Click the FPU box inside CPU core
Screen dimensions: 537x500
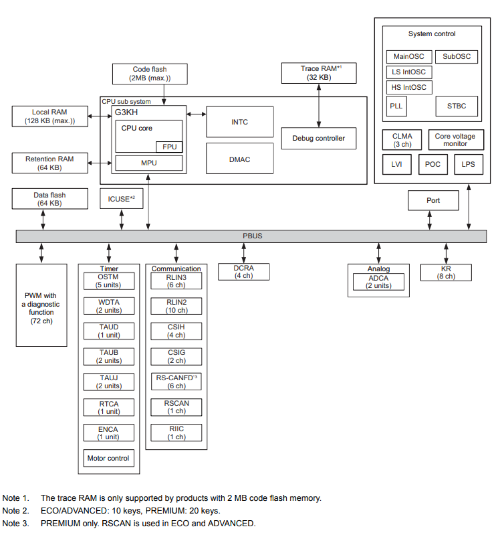coord(169,147)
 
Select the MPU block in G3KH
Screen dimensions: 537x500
coord(149,163)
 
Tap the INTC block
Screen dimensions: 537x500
coord(239,122)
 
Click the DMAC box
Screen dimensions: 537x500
coord(239,159)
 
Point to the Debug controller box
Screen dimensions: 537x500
coord(318,138)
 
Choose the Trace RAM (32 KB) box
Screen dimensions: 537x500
coord(318,73)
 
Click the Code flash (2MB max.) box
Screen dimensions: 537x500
coord(150,74)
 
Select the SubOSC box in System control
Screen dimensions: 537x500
coord(456,57)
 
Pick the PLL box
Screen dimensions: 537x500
coord(396,106)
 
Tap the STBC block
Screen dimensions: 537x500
coord(456,106)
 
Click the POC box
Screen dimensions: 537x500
coord(432,164)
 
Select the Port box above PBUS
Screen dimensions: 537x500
coord(433,201)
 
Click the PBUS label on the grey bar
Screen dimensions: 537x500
coord(252,236)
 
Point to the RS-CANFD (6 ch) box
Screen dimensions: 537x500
coord(176,382)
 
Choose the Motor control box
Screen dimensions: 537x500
coord(108,458)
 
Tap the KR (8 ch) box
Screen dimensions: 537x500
coord(446,272)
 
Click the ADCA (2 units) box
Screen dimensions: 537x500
coord(378,282)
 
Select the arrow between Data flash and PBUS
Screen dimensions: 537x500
coord(43,220)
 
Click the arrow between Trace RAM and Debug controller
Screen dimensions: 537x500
coord(318,106)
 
